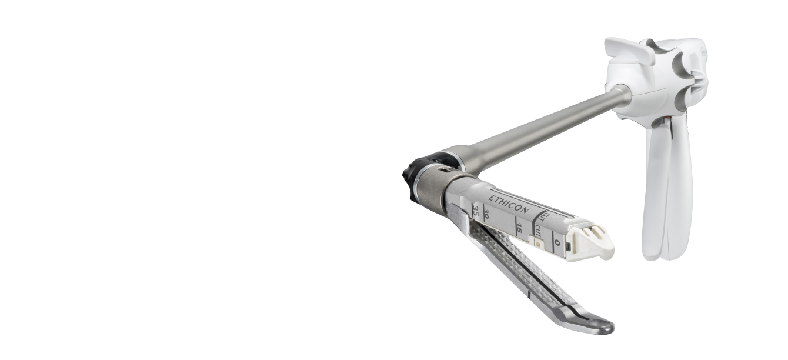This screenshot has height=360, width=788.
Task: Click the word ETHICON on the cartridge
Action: (509, 204)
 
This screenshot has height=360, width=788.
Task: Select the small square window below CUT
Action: (536, 242)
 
